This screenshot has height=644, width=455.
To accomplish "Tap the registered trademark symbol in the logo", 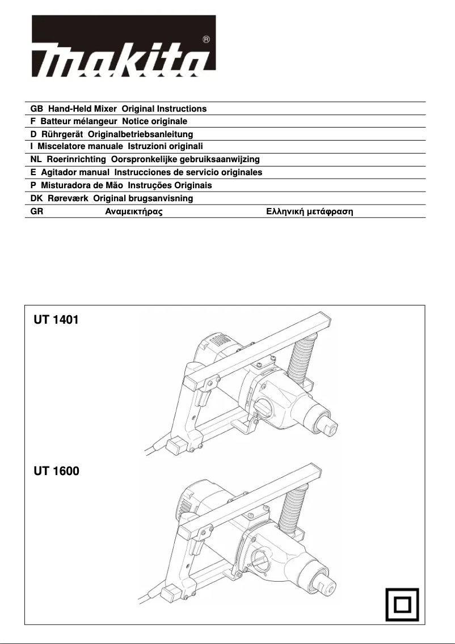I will pos(206,40).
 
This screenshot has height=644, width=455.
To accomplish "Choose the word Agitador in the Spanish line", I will pos(58,172).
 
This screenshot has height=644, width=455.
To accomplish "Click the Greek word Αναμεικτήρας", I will pos(134,212).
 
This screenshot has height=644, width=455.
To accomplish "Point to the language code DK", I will pos(36,198).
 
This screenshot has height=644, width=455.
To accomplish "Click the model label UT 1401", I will pos(56,320).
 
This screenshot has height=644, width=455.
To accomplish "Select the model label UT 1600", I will pos(56,471).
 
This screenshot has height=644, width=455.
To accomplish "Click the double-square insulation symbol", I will pos(401,603).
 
